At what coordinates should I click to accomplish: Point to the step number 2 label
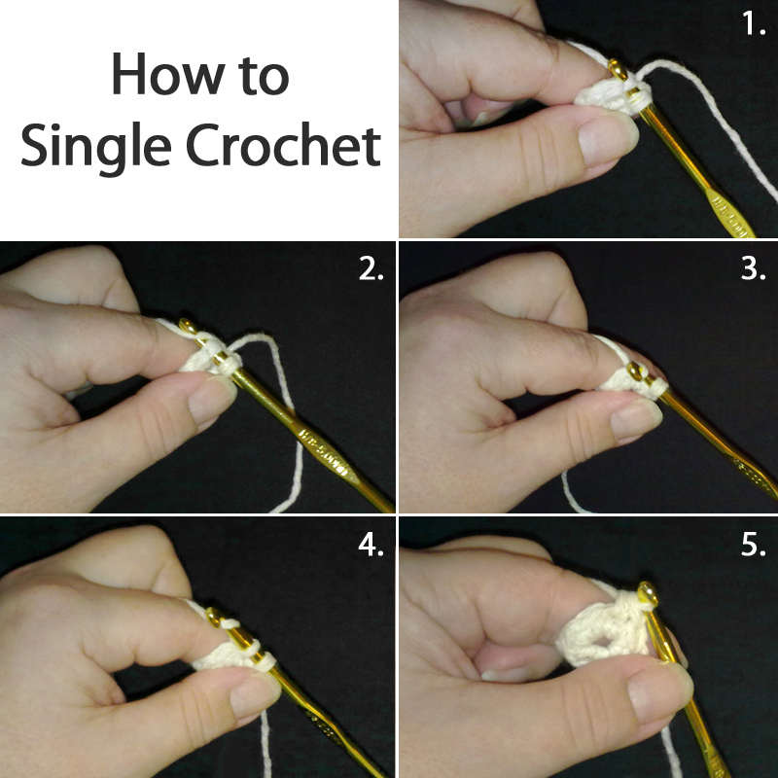tap(371, 269)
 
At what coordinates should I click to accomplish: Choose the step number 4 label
tap(371, 546)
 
